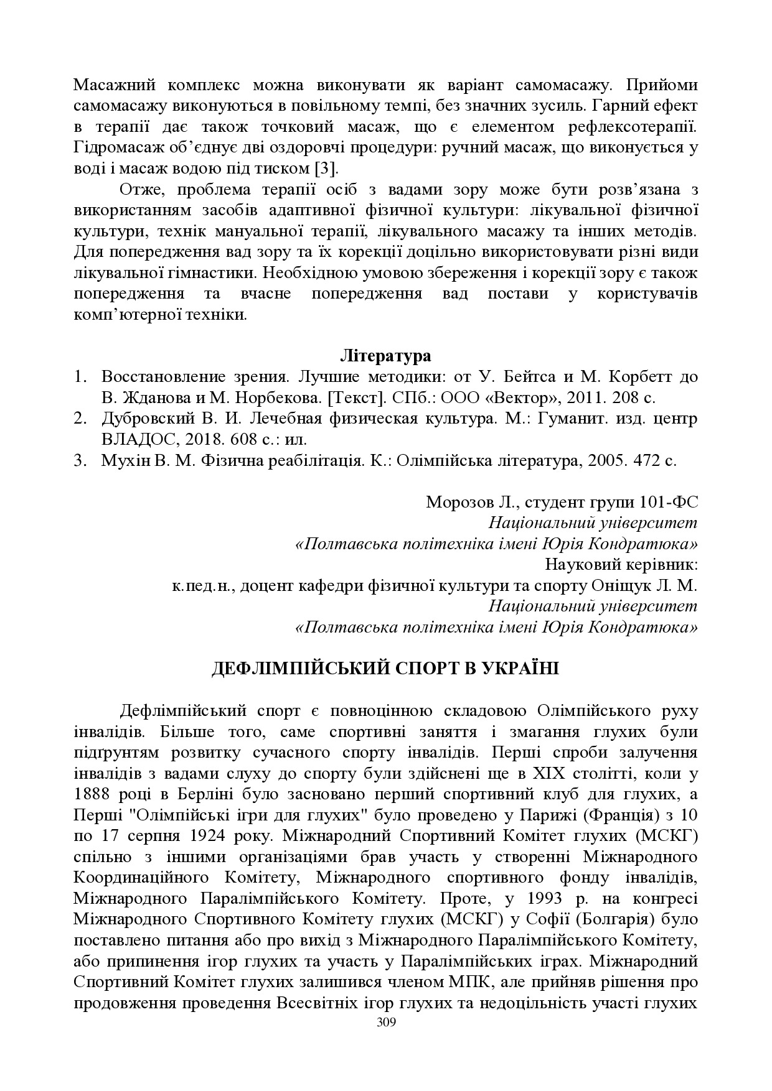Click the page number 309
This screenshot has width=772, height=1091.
[386, 1023]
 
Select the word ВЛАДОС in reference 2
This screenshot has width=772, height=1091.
[131, 439]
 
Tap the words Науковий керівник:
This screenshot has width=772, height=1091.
[621, 565]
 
